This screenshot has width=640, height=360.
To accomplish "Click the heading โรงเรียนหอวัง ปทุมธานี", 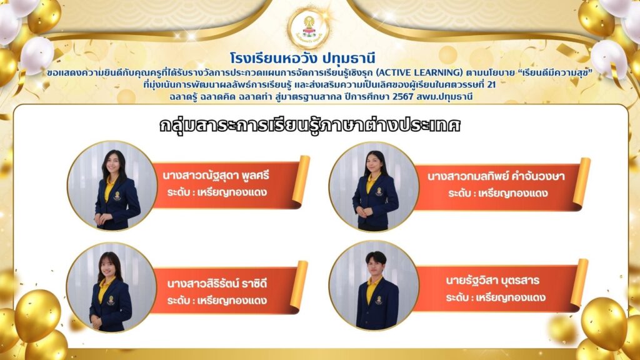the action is (x=302, y=59).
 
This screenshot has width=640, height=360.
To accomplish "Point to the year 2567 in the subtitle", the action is (x=403, y=97).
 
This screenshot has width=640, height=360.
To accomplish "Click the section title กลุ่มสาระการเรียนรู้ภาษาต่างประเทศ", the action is (x=310, y=125).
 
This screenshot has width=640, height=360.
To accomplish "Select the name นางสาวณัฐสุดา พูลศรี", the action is (x=216, y=176).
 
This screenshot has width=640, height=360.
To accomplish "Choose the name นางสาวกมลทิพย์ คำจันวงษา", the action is (x=496, y=177).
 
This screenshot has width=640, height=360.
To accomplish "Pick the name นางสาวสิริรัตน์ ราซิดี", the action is (x=217, y=284).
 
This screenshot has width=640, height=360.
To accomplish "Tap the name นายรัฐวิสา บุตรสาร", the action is (x=492, y=281).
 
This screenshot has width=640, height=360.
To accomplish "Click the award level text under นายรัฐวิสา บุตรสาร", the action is (x=496, y=297).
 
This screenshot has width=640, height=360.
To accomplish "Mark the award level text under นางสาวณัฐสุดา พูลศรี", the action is (x=217, y=192).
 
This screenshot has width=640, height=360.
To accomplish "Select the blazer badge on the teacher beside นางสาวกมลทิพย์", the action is (x=379, y=191).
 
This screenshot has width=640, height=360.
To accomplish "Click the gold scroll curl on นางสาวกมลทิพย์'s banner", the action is (x=582, y=181).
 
